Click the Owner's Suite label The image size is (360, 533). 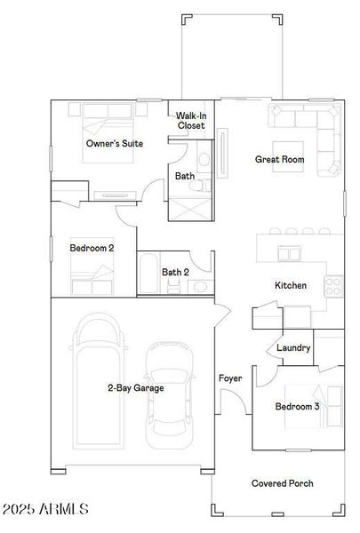(115, 143)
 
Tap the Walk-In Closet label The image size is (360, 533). (191, 121)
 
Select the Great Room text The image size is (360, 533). (279, 160)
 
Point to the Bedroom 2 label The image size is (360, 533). (92, 248)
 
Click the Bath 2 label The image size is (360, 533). (175, 272)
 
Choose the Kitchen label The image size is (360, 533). (291, 285)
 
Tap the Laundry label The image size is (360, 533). (293, 347)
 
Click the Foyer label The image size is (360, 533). (230, 378)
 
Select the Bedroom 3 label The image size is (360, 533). (296, 406)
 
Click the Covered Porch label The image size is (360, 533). (282, 483)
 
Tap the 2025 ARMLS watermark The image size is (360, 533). (44, 510)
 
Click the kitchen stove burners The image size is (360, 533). (334, 286)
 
